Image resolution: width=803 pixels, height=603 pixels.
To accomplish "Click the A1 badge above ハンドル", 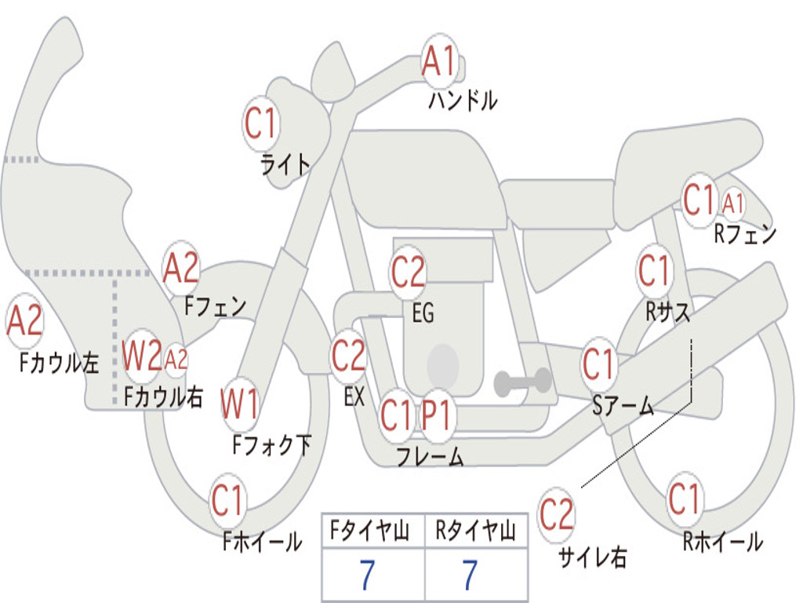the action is click(440, 61).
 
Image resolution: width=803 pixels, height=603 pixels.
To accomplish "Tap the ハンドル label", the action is click(463, 100).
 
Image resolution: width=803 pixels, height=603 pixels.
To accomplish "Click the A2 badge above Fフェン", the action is click(181, 269).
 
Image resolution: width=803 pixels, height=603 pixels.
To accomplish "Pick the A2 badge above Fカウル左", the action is click(24, 322).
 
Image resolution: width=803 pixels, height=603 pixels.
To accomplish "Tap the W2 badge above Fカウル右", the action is click(142, 357).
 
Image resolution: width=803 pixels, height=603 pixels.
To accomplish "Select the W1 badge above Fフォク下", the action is click(239, 405).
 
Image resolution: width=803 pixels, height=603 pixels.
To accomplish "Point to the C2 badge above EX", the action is click(348, 356).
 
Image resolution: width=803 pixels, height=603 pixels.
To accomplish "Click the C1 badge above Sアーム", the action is click(598, 364).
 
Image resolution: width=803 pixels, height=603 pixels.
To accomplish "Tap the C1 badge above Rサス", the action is click(654, 272).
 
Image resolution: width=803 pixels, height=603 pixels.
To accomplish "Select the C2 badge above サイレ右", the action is click(556, 515).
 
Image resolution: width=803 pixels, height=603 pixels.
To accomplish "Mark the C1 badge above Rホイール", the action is click(685, 498).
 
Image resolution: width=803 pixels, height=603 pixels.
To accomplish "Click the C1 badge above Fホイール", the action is click(228, 500).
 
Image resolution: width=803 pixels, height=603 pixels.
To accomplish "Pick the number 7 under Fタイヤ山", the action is click(365, 576).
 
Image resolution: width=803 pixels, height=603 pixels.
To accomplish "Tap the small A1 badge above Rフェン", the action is click(733, 204).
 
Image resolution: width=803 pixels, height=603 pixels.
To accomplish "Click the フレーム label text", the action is click(430, 456).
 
